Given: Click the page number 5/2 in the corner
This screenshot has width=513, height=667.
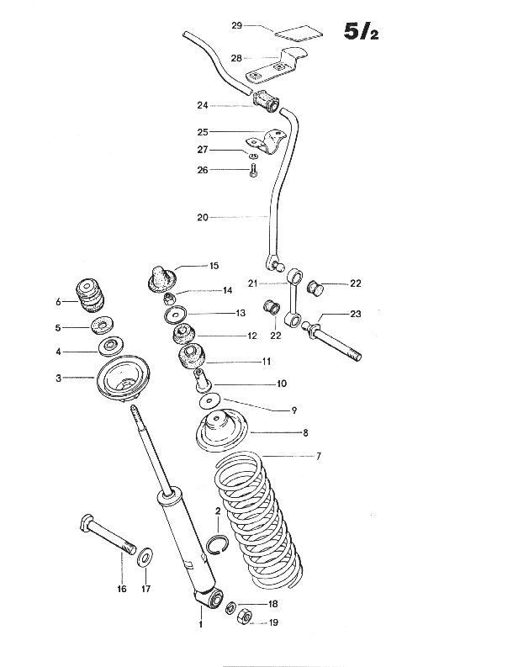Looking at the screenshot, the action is [x=361, y=31].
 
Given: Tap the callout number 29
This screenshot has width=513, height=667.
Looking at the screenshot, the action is [x=236, y=25].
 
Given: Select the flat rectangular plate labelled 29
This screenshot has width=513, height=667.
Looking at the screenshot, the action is [x=299, y=33].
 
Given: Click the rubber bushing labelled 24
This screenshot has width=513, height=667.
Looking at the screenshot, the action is [x=266, y=102].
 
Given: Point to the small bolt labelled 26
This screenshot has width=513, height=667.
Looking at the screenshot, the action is [x=251, y=170].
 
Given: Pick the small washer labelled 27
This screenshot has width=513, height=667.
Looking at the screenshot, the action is [x=252, y=155].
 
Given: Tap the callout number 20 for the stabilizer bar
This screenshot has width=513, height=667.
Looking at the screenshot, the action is [x=203, y=217].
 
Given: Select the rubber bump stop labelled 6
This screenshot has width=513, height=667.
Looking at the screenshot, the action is [x=90, y=295].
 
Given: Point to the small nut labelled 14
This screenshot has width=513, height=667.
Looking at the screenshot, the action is [x=169, y=298].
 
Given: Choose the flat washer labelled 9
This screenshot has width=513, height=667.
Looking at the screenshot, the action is [x=209, y=400].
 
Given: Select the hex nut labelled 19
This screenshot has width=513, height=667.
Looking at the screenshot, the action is [x=244, y=617].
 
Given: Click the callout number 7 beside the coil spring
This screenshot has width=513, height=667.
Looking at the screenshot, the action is [x=319, y=457].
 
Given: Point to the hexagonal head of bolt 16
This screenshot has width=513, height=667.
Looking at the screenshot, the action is [x=87, y=522].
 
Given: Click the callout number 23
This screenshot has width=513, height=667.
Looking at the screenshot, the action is [x=356, y=314].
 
